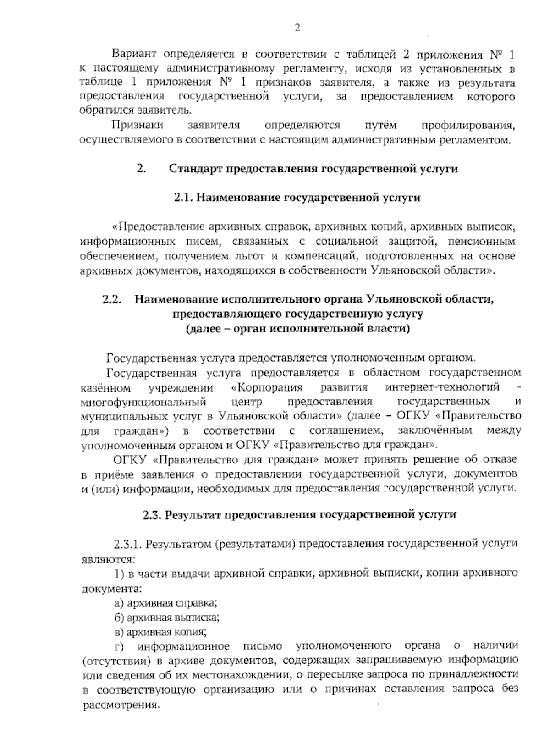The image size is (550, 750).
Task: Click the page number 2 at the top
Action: pos(297,28)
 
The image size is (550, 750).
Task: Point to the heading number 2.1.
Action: pos(184,198)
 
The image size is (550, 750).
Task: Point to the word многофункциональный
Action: pos(143,402)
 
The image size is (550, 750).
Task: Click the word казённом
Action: pos(106,387)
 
